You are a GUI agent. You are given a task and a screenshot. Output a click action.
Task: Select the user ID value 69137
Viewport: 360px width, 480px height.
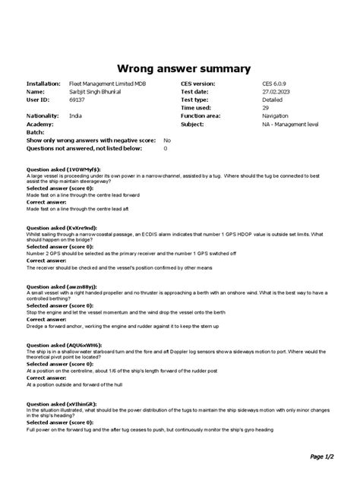[77, 99]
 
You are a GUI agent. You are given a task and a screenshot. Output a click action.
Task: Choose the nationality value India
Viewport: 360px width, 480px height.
[75, 115]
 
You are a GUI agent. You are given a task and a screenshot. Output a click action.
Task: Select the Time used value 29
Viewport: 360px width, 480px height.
[266, 107]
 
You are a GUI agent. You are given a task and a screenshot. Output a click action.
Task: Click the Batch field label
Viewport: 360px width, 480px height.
[36, 132]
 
